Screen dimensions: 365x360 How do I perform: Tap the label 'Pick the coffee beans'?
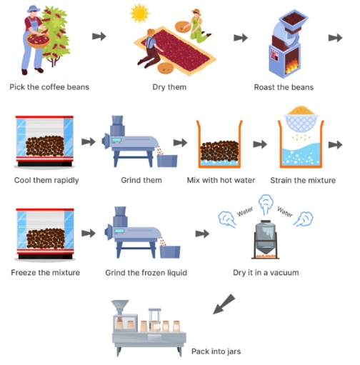click(49, 88)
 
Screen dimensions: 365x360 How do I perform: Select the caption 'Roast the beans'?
click(283, 88)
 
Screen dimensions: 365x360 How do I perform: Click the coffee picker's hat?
click(34, 9)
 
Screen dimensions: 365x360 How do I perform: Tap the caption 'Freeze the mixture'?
click(46, 272)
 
